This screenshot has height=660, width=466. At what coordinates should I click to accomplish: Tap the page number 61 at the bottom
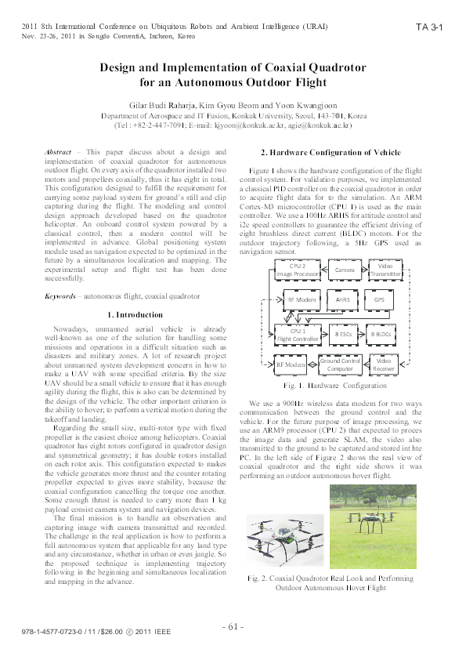[x=233, y=626]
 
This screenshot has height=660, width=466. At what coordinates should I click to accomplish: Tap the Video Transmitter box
[x=385, y=270]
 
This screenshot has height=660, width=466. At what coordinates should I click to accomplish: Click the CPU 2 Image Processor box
[x=298, y=270]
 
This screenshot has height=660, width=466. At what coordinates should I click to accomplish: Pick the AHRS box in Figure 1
[x=342, y=299]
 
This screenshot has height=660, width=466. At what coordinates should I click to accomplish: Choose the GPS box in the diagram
[x=379, y=299]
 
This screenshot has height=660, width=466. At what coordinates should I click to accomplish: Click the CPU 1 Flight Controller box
[x=298, y=335]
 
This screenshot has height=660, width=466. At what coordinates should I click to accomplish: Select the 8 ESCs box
[x=342, y=335]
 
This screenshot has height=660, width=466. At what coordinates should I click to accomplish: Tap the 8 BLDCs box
[x=381, y=335]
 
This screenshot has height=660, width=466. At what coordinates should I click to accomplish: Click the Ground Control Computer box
[x=340, y=364]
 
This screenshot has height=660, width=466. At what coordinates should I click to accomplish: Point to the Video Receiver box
[x=384, y=364]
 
